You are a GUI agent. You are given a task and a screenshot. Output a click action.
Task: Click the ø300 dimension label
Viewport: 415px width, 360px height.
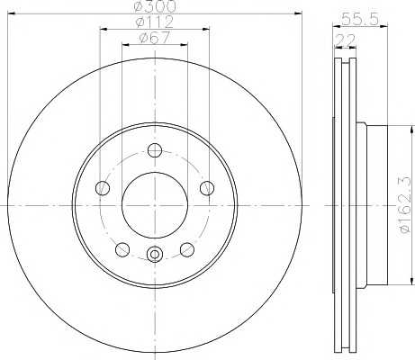click(x=155, y=5)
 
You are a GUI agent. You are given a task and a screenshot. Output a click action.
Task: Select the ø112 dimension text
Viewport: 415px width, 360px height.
click(x=155, y=22)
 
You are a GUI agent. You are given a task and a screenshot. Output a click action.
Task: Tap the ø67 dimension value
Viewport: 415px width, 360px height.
click(x=155, y=38)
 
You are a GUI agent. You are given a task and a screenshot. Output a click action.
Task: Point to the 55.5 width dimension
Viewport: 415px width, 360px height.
click(x=360, y=19)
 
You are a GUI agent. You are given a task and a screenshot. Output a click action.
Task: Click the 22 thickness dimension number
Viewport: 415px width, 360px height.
click(x=345, y=40)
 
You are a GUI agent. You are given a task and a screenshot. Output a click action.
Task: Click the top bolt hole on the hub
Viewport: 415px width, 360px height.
click(x=155, y=150)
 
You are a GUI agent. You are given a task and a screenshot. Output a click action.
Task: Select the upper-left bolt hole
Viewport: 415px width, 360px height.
click(x=103, y=188)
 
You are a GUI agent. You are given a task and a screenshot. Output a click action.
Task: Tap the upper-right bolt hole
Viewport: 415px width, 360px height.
click(x=207, y=188)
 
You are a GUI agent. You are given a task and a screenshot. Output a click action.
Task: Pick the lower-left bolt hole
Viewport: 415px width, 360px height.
click(x=122, y=250)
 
